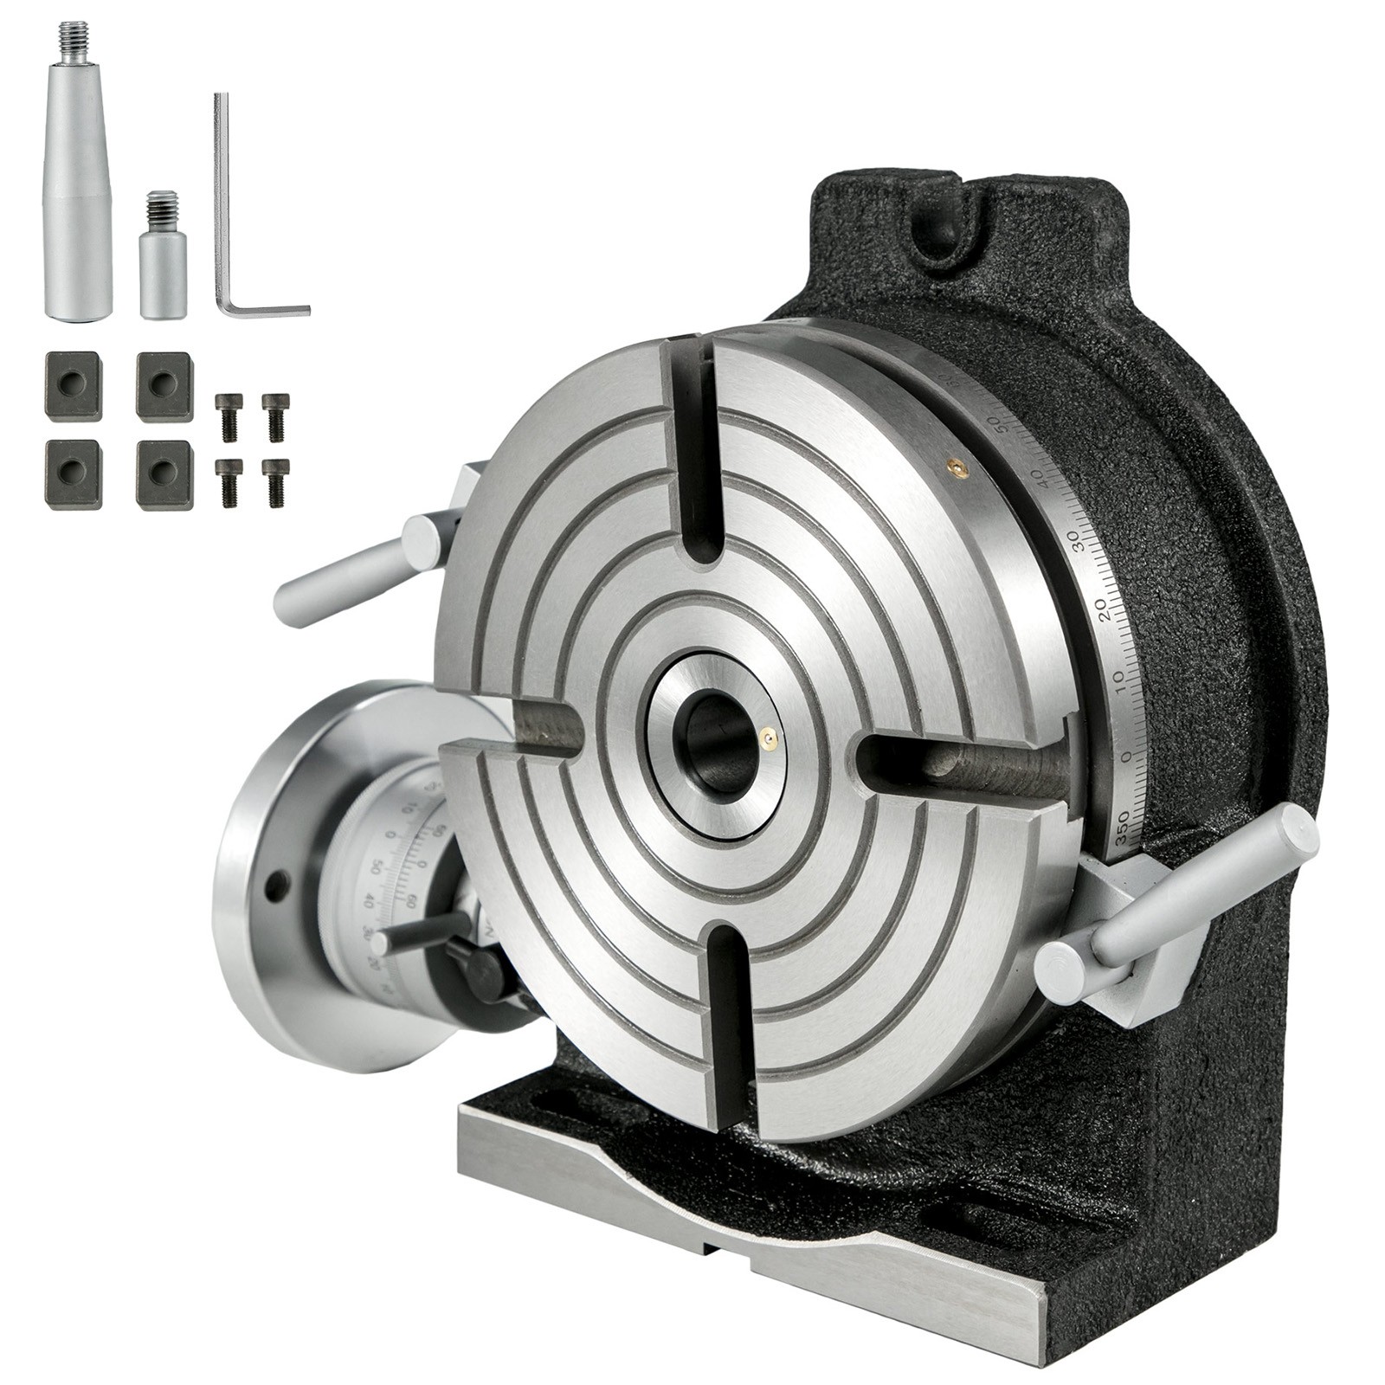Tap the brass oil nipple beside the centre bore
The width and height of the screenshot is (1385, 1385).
pyautogui.click(x=767, y=738)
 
